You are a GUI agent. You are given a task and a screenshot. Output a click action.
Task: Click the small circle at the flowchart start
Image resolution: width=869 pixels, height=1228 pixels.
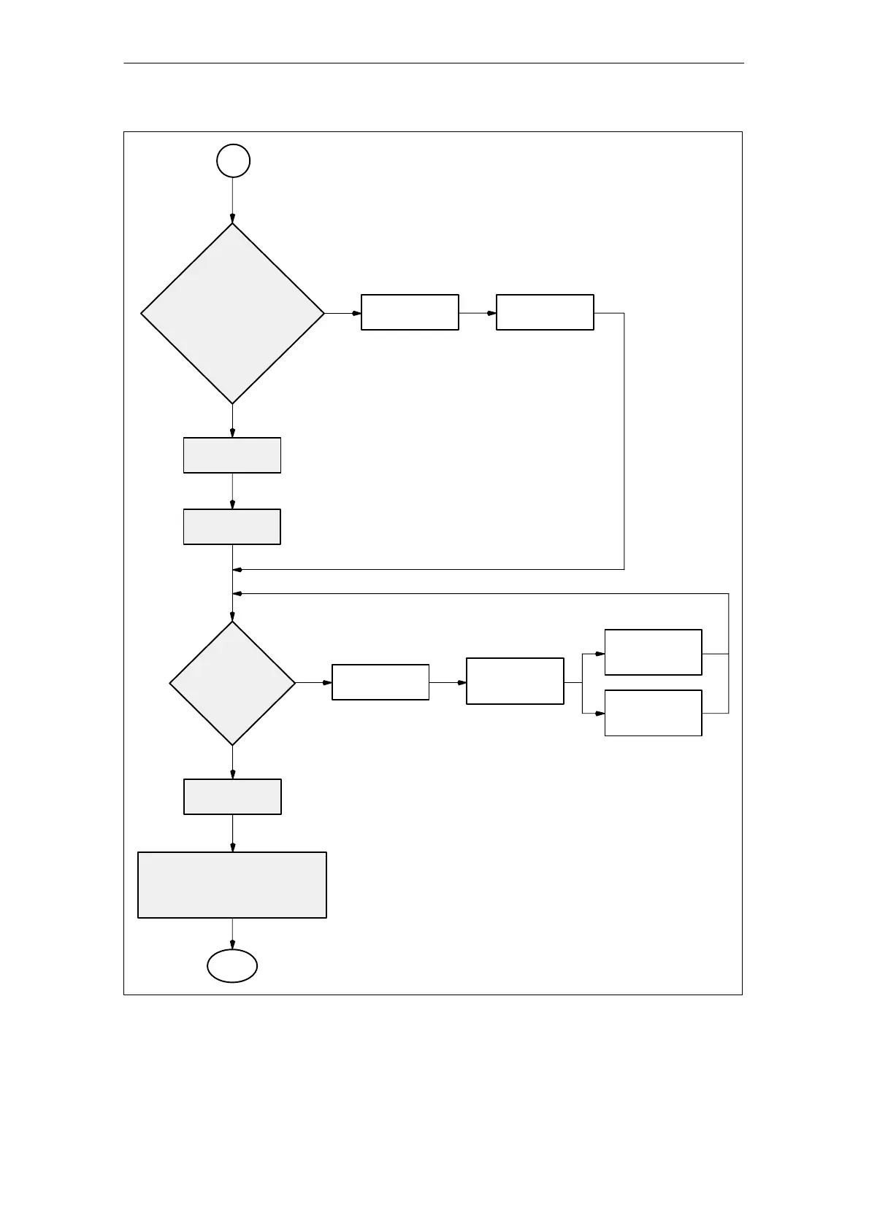[x=233, y=161]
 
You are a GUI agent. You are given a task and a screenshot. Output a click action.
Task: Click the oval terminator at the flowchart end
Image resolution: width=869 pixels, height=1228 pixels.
[x=232, y=966]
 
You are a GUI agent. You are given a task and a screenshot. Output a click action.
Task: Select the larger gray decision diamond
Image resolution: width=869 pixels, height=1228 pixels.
[x=232, y=313]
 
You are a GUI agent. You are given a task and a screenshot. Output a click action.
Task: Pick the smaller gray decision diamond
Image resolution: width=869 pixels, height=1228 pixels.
[x=232, y=683]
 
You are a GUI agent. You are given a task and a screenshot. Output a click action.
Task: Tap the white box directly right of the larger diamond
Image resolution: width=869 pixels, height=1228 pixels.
[x=410, y=312]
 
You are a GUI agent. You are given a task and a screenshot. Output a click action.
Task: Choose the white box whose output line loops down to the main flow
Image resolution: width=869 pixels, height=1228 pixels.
[x=545, y=312]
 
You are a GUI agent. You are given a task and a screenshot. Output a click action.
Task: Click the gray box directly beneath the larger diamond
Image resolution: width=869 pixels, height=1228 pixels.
[x=232, y=455]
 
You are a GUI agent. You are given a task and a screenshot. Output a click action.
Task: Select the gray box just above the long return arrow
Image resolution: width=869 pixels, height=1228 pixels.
[x=232, y=527]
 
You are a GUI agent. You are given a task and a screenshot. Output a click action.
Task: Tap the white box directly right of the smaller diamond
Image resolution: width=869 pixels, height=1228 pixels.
[x=380, y=682]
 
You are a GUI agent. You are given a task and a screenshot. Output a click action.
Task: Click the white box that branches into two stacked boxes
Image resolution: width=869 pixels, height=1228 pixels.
[x=515, y=681]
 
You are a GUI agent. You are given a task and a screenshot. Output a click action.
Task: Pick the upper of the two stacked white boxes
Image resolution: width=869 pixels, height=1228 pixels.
[x=654, y=652]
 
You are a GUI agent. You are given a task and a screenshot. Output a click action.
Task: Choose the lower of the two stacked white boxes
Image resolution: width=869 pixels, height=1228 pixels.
[x=654, y=713]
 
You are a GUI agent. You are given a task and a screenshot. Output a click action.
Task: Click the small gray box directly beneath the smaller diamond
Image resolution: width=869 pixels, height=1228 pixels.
[x=232, y=797]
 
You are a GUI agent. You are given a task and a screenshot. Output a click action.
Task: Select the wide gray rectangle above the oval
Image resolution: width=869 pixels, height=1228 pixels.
[x=232, y=884]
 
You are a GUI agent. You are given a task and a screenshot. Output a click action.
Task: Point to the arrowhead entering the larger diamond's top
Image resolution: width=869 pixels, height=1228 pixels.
[x=233, y=218]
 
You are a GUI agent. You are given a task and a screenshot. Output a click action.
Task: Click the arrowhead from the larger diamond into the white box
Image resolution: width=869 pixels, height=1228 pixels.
[x=356, y=313]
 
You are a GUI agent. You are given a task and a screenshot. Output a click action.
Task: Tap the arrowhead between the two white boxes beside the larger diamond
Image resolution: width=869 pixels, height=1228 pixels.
[x=491, y=313]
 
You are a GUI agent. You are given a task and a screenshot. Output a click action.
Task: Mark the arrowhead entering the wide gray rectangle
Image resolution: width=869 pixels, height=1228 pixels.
[x=233, y=847]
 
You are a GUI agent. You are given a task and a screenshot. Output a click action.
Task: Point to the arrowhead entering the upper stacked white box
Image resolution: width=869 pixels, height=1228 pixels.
[x=600, y=654]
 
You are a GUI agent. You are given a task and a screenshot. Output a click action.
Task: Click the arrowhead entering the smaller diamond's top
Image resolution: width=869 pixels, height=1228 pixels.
[x=233, y=617]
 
